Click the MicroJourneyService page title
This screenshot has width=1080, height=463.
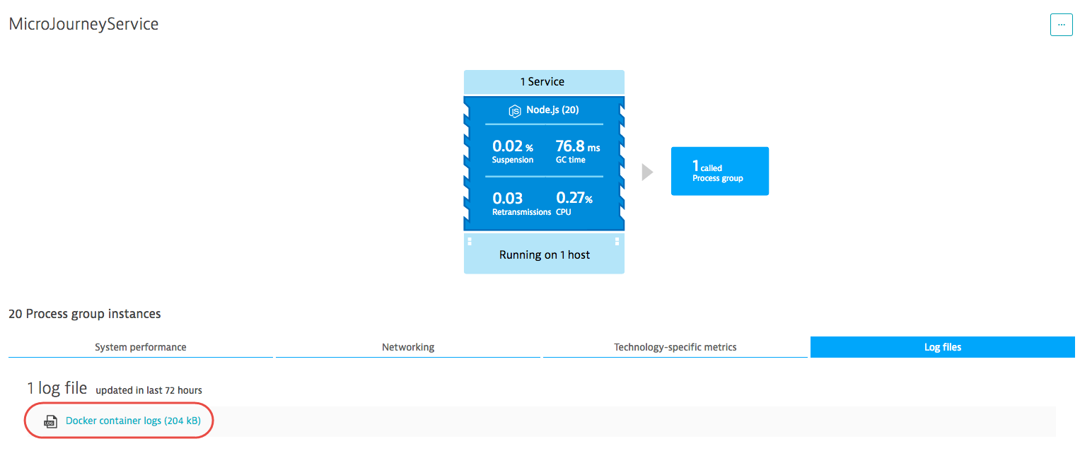[83, 24]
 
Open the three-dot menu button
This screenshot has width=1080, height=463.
[1061, 25]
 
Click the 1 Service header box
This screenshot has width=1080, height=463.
[544, 82]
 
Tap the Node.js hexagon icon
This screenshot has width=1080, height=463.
[515, 111]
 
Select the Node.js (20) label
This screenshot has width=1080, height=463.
[552, 110]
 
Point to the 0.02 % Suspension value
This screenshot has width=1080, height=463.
[513, 151]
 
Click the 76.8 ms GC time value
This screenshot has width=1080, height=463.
[578, 151]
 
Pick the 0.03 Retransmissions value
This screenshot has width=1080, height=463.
[521, 204]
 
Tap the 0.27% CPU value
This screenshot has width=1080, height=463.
[574, 204]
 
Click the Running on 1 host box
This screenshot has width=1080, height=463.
[544, 254]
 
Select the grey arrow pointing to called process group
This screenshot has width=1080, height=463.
[647, 172]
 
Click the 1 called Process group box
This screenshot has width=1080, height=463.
[720, 171]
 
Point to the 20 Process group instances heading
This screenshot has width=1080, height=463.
[85, 314]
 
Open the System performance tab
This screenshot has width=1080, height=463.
[140, 347]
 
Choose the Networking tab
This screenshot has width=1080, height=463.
[408, 347]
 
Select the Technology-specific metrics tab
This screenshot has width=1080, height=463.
[675, 347]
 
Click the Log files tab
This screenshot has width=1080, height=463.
[943, 347]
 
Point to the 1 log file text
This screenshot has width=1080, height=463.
[57, 388]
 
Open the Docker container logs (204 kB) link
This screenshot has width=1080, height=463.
[133, 421]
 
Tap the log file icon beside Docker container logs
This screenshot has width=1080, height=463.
[51, 421]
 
